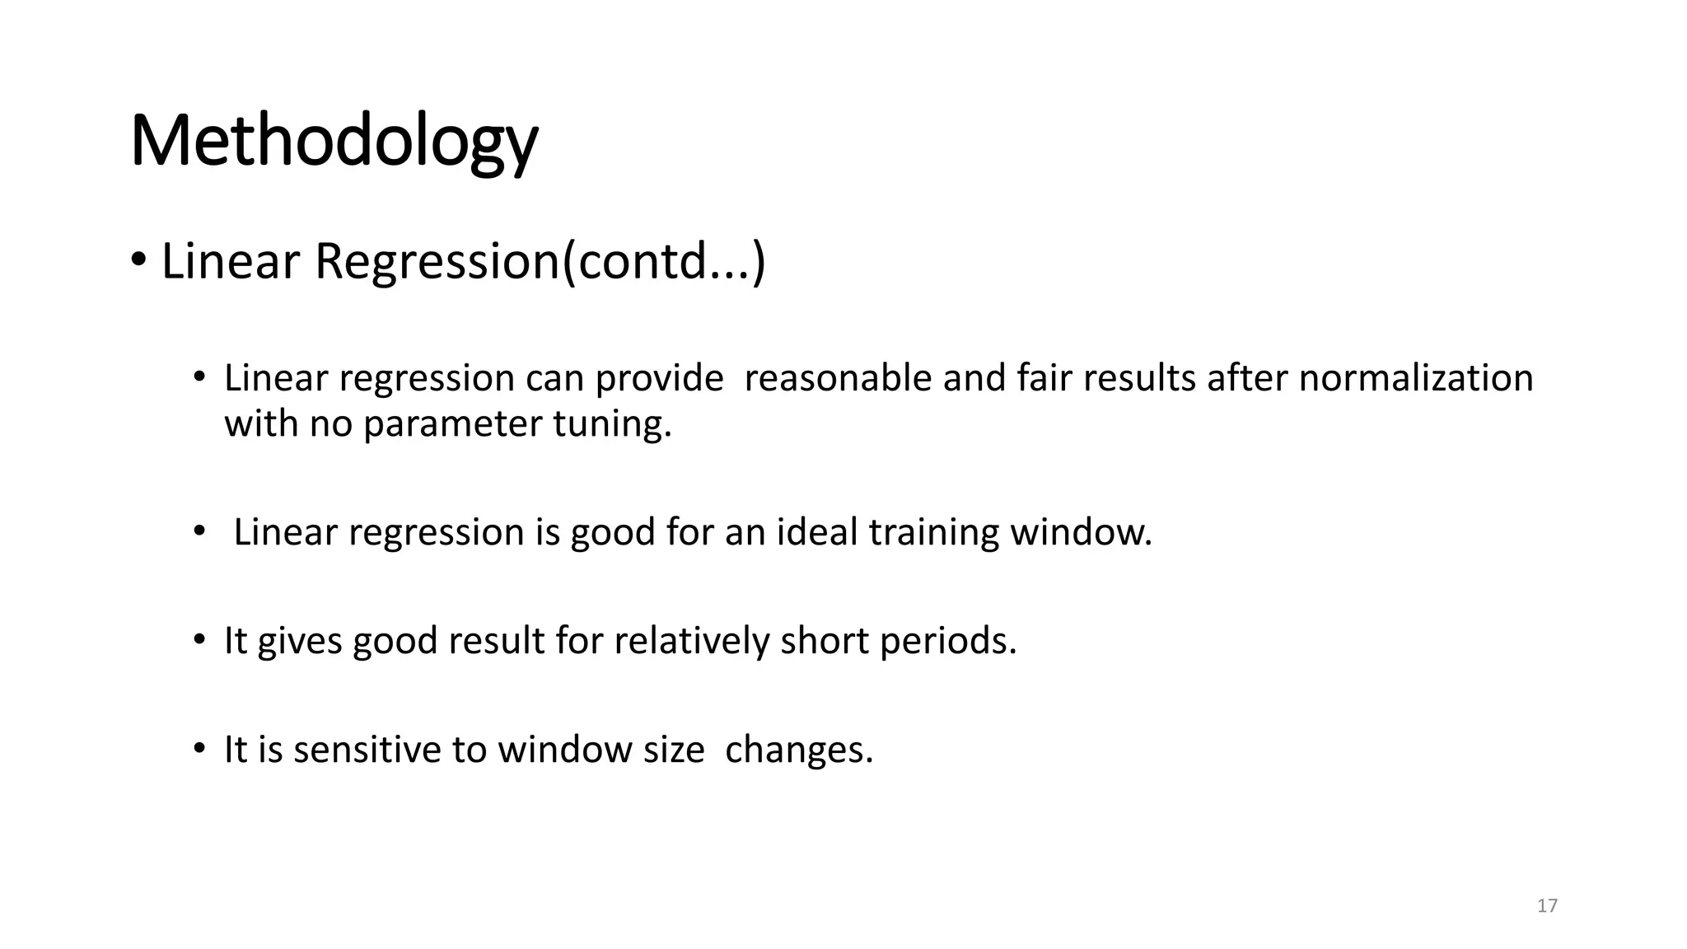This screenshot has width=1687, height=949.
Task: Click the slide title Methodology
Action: click(x=334, y=142)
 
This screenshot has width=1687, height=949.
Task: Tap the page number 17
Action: click(x=1547, y=906)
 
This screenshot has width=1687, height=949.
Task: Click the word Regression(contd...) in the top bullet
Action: click(x=540, y=261)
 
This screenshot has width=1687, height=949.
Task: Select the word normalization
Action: click(x=1416, y=379)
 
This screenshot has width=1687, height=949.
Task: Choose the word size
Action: click(x=673, y=750)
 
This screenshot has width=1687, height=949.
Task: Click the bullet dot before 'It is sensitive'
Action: click(x=199, y=748)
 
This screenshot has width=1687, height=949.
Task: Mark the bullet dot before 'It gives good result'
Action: click(x=199, y=639)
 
